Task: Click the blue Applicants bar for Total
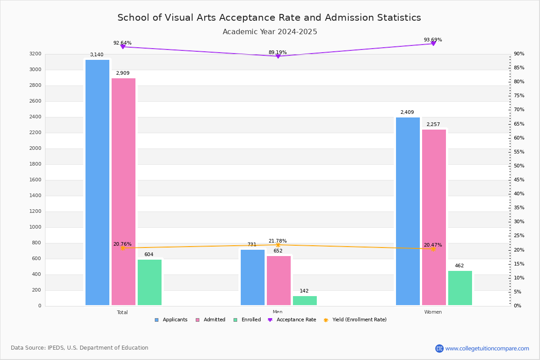click(97, 182)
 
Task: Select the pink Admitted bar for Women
click(434, 217)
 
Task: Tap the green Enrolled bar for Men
click(305, 301)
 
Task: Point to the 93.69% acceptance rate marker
click(433, 44)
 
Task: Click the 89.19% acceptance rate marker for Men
click(278, 56)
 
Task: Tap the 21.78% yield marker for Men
click(278, 245)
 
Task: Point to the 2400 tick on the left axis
click(35, 117)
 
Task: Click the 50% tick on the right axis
click(519, 166)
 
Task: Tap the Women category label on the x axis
click(433, 312)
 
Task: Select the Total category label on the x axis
click(122, 312)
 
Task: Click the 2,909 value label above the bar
click(123, 73)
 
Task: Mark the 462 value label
click(459, 266)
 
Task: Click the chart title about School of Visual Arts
click(269, 18)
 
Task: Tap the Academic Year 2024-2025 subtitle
click(270, 32)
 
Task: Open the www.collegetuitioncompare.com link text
click(487, 348)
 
